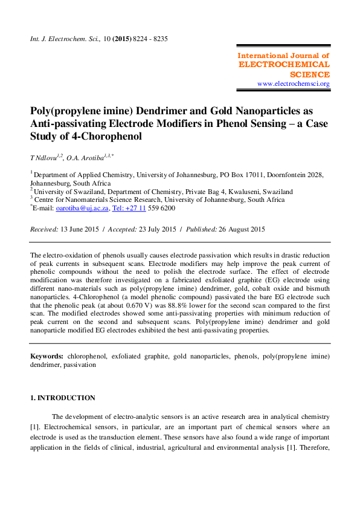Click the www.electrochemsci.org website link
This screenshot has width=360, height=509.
[x=293, y=83]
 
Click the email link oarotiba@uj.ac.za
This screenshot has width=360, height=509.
[x=82, y=208]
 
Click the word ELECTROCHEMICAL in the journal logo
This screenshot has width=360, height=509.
[x=284, y=65]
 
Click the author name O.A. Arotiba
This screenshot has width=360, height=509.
[x=85, y=157]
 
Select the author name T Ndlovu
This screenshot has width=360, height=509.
[x=45, y=157]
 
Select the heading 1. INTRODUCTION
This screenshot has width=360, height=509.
[x=63, y=398]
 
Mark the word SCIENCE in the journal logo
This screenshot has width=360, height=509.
[x=310, y=74]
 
